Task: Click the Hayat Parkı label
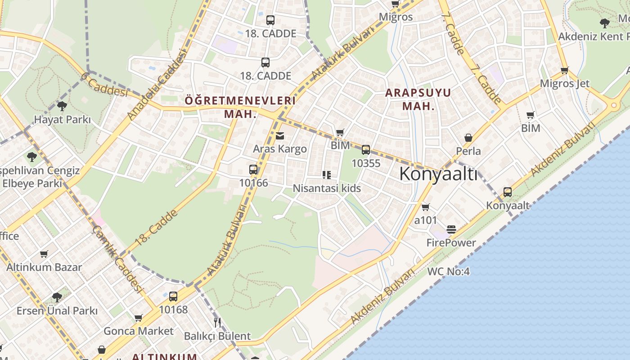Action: tap(62, 120)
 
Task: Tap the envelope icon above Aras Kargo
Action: tap(280, 136)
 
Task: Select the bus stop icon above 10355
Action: tap(366, 150)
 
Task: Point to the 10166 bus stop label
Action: tap(253, 183)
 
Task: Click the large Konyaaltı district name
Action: tap(438, 174)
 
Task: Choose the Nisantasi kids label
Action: tap(327, 188)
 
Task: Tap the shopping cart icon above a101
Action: tap(425, 207)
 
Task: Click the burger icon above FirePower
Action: tap(451, 229)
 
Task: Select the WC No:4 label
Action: tap(448, 271)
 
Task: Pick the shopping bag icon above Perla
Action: tap(468, 138)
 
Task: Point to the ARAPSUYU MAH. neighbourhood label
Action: tap(418, 99)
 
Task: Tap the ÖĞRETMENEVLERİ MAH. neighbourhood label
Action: tap(240, 107)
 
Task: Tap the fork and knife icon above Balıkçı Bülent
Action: tap(217, 322)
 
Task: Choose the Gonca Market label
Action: tap(138, 331)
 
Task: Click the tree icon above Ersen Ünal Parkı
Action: tap(57, 297)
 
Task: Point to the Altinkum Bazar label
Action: tap(44, 267)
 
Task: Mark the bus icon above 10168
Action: tap(173, 297)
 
